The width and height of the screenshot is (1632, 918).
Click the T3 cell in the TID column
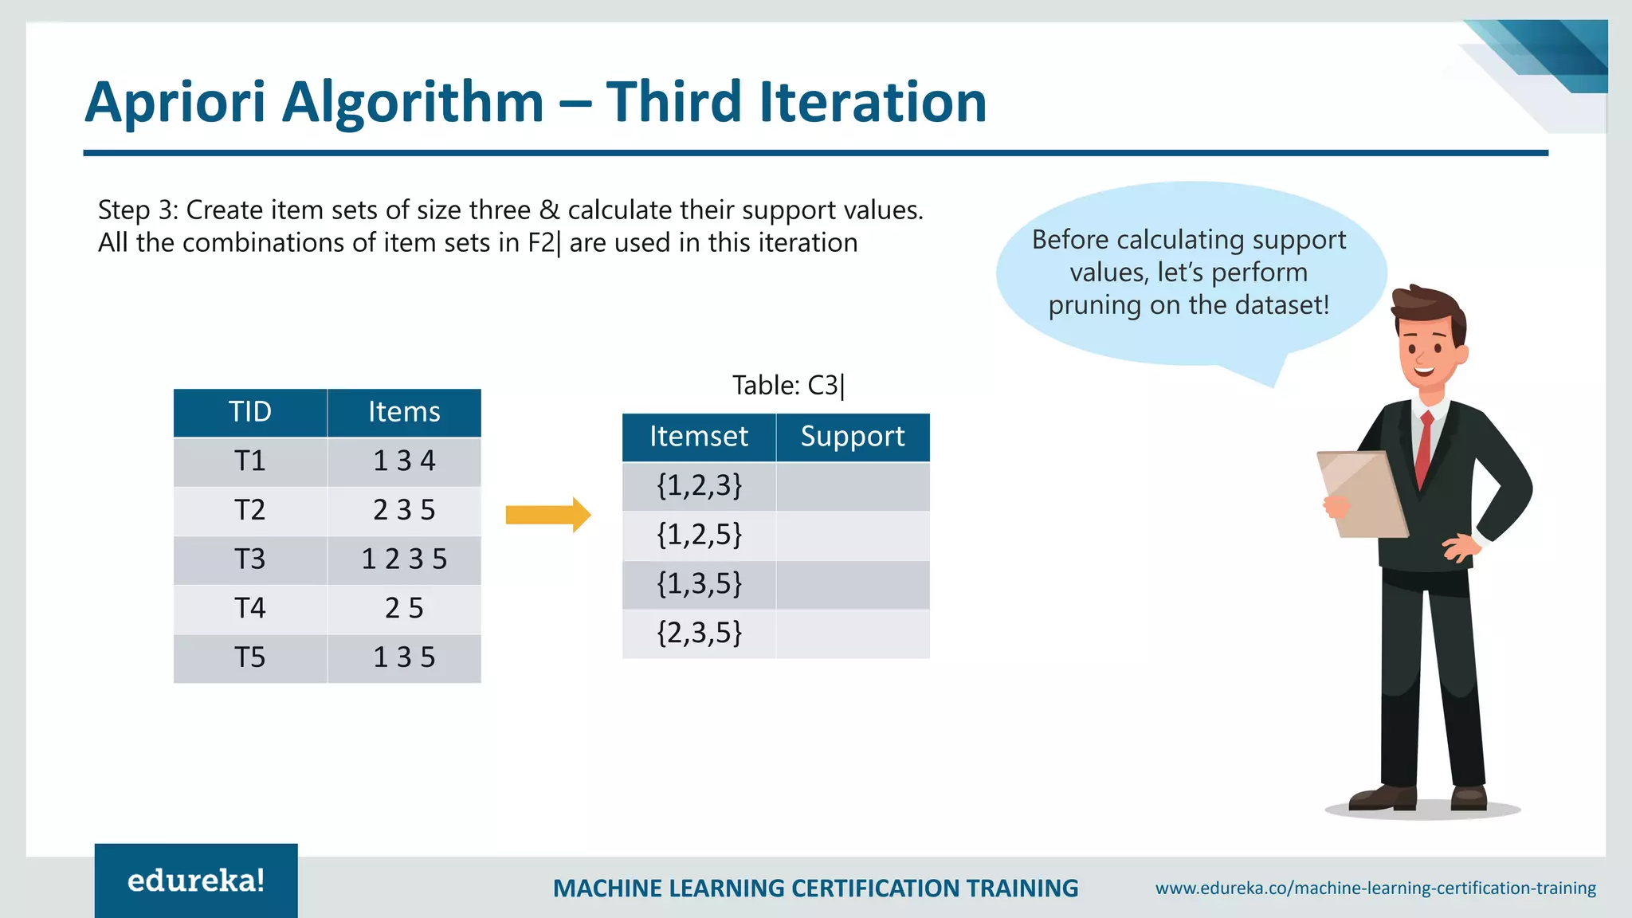249,559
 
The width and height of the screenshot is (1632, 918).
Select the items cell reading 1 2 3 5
404,559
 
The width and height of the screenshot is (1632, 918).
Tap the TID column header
249,412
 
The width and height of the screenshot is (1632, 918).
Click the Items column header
404,412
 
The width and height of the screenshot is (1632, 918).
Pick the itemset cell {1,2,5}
699,535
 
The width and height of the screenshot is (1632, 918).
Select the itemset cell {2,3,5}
699,634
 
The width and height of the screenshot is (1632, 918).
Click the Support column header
853,437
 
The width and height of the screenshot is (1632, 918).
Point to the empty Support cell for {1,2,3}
853,486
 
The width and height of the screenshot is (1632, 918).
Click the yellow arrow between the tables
548,515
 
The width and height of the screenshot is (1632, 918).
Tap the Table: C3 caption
787,386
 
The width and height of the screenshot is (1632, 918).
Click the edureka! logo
196,881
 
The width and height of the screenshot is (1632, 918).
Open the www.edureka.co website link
1375,888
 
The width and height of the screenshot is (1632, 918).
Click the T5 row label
249,658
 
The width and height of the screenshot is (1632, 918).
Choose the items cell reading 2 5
404,609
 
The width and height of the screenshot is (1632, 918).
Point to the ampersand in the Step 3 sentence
549,210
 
